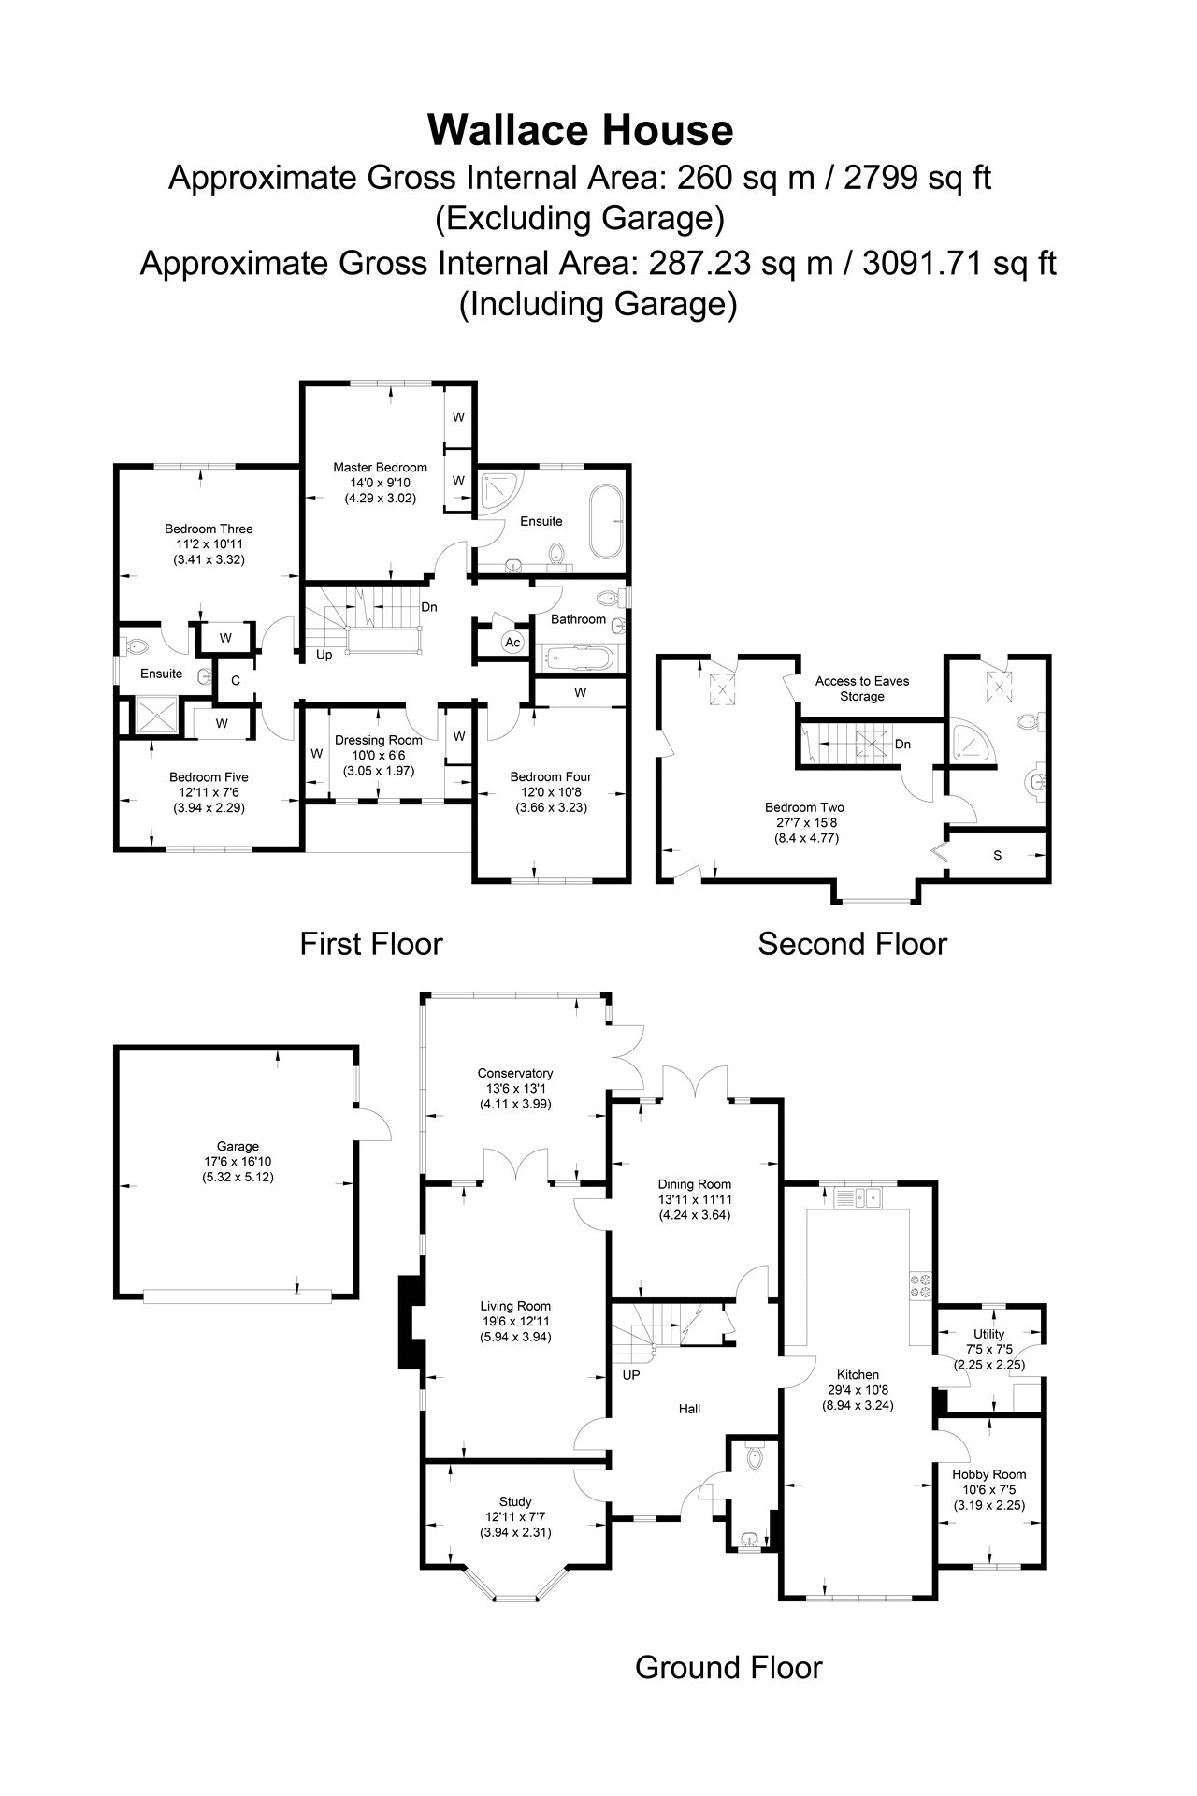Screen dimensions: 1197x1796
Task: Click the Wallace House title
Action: pos(581,130)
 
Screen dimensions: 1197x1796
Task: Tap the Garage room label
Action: pos(238,1146)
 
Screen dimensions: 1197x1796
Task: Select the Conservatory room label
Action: pos(515,1073)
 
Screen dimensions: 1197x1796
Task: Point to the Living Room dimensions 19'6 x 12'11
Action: pos(515,1322)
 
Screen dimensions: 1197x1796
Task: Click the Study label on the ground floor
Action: pos(515,1502)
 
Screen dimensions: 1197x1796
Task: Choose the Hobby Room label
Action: pos(989,1474)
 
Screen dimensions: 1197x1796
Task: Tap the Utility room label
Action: pos(989,1334)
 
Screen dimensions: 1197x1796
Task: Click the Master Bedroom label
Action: pos(381,468)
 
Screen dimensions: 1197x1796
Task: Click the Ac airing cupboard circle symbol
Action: pos(512,643)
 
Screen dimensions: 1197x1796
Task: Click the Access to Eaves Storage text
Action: pos(862,688)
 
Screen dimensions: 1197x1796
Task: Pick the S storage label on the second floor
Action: pos(998,855)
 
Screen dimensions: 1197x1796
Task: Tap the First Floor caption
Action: pos(371,944)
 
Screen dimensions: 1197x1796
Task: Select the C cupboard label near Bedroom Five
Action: pos(236,681)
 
